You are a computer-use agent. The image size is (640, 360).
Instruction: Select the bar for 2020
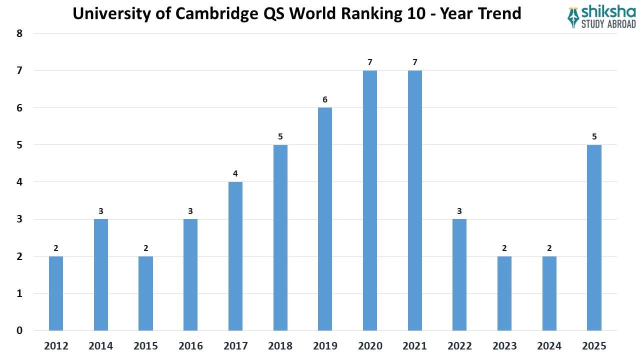click(x=370, y=200)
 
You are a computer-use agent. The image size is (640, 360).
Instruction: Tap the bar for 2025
click(x=594, y=237)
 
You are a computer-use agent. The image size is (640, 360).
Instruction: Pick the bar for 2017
click(x=235, y=256)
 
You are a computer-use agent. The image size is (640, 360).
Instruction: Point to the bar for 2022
click(x=459, y=274)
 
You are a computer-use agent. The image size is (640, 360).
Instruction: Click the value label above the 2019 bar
click(x=325, y=99)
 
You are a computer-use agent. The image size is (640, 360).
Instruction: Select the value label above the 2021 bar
click(x=414, y=62)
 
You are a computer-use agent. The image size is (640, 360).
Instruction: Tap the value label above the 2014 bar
click(x=101, y=211)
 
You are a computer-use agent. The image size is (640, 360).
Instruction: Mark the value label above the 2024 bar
click(x=549, y=248)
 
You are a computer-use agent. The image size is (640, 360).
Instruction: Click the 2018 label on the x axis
click(x=280, y=346)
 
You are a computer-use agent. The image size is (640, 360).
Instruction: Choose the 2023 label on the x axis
click(x=504, y=346)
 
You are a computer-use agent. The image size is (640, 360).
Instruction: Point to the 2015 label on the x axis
click(x=146, y=346)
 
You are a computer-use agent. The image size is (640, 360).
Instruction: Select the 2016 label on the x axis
click(x=190, y=346)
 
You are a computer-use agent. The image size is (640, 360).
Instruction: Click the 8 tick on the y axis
click(x=19, y=33)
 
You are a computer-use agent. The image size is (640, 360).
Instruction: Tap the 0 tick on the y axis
click(x=19, y=330)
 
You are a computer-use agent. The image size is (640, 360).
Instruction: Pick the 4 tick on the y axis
click(x=19, y=182)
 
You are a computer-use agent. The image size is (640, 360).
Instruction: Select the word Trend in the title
click(x=497, y=13)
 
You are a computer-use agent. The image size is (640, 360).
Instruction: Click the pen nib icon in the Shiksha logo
click(x=573, y=17)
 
